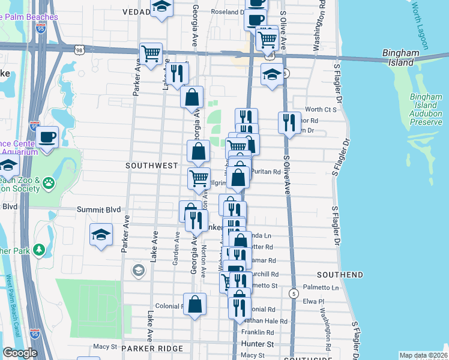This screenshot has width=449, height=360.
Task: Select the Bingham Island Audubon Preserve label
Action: pyautogui.click(x=426, y=109)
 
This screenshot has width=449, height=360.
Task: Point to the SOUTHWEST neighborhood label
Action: pyautogui.click(x=151, y=165)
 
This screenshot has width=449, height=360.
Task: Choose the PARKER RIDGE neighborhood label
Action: pyautogui.click(x=146, y=348)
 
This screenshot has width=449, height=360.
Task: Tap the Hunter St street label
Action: pyautogui.click(x=258, y=344)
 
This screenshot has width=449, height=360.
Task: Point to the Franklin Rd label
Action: pyautogui.click(x=258, y=332)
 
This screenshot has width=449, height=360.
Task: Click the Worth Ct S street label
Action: pyautogui.click(x=321, y=109)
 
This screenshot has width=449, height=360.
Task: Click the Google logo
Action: pyautogui.click(x=20, y=352)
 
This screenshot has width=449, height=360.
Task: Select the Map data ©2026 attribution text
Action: pyautogui.click(x=423, y=355)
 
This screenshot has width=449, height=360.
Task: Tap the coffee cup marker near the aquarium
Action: pyautogui.click(x=47, y=137)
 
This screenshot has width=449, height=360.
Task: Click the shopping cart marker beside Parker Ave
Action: pyautogui.click(x=151, y=53)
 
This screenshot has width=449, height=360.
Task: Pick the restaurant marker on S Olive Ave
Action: pyautogui.click(x=289, y=122)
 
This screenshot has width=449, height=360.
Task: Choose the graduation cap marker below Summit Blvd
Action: pyautogui.click(x=101, y=235)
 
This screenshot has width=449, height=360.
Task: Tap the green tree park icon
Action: pyautogui.click(x=40, y=249)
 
